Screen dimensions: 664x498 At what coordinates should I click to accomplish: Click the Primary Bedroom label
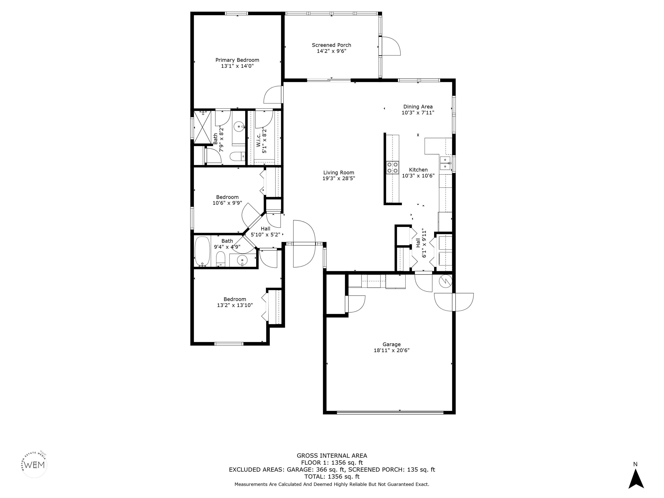237,60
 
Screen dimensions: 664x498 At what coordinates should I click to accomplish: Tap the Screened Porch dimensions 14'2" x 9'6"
331,51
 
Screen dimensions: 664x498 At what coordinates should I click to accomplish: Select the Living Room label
339,173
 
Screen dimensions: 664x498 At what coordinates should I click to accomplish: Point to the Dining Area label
418,107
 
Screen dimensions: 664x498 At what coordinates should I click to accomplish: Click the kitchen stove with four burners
393,168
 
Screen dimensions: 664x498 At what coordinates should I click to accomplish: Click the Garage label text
391,344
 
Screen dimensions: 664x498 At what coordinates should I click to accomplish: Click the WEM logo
35,465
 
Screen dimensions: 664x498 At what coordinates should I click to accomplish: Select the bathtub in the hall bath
203,251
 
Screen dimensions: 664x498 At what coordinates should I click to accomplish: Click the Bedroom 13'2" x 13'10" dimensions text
235,305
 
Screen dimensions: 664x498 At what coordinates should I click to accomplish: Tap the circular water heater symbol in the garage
445,281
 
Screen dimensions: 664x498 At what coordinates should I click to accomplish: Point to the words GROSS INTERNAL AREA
332,456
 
